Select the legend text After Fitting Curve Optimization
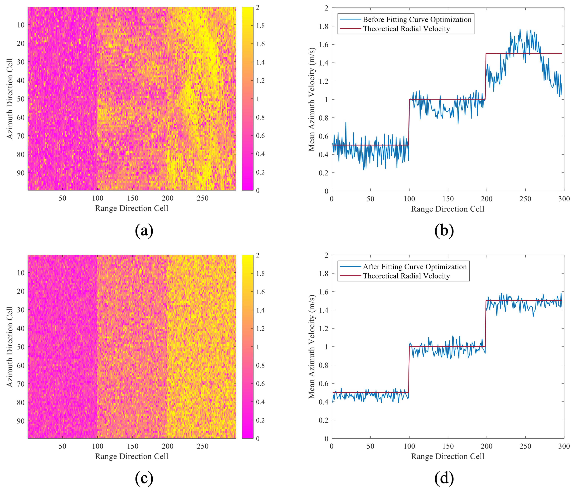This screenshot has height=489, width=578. click(x=415, y=267)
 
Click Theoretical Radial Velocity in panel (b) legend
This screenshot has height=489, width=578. click(x=406, y=29)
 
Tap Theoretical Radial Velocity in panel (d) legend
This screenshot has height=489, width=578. click(x=406, y=276)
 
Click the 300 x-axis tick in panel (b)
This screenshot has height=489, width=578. click(x=564, y=199)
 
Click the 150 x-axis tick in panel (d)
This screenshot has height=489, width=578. click(x=448, y=446)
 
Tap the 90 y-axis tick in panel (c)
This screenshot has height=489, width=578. click(x=21, y=421)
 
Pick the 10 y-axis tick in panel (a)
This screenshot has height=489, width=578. click(x=21, y=25)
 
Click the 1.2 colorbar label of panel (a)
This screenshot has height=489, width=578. click(x=260, y=81)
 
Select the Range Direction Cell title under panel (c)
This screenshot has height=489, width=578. click(x=132, y=456)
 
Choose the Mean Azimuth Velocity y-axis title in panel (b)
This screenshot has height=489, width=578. click(x=312, y=99)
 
